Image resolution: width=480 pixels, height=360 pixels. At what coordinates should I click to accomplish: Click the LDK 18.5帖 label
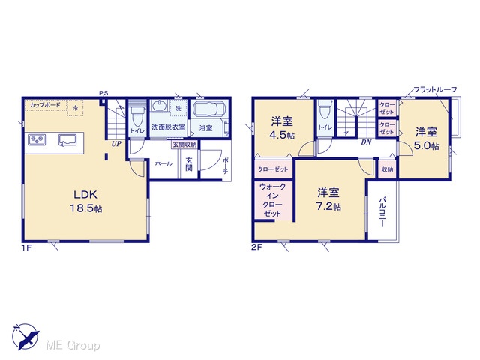coord(86,202)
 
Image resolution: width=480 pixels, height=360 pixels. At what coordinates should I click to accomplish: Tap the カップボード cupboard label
coord(45,105)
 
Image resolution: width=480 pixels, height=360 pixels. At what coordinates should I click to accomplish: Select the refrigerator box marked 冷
coord(75,108)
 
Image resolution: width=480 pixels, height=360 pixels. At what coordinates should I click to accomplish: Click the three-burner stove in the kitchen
coord(37,140)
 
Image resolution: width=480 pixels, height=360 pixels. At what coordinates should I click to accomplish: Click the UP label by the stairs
coord(116,144)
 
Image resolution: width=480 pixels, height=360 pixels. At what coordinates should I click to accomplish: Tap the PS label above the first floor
coord(103,93)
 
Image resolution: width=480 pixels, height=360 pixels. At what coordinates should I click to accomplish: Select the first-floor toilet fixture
coord(135,115)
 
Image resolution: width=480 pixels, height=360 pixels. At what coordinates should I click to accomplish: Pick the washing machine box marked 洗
coord(178,108)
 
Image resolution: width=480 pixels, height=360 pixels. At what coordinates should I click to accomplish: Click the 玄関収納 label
coord(184,145)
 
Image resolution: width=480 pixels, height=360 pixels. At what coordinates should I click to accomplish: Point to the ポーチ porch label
coord(225,166)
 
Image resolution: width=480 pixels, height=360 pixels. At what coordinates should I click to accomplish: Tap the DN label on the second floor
coord(366,142)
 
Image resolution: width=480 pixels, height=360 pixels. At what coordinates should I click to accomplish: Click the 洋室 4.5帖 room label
coord(282,128)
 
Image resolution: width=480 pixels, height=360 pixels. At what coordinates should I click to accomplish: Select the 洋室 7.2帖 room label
coord(328,199)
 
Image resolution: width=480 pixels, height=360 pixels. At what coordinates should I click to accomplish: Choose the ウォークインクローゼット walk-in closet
coord(273,200)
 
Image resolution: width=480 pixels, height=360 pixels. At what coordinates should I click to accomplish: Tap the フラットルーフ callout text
coord(435,90)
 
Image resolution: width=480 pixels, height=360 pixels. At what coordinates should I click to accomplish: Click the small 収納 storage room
coord(387,169)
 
